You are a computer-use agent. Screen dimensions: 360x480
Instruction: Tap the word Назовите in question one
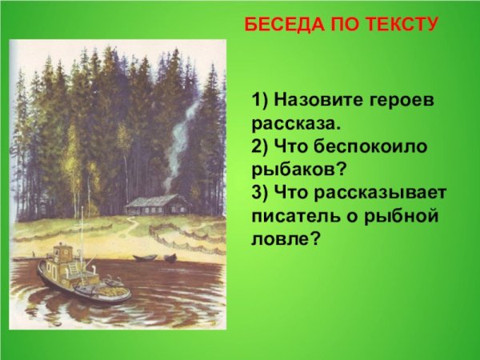point(318,103)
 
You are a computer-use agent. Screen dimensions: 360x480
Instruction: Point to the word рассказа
point(295,125)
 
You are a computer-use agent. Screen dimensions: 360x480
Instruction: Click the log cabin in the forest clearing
point(158,206)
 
